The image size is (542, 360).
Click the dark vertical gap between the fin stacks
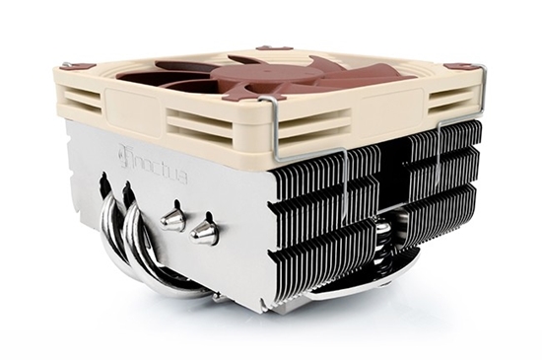click(397, 187)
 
